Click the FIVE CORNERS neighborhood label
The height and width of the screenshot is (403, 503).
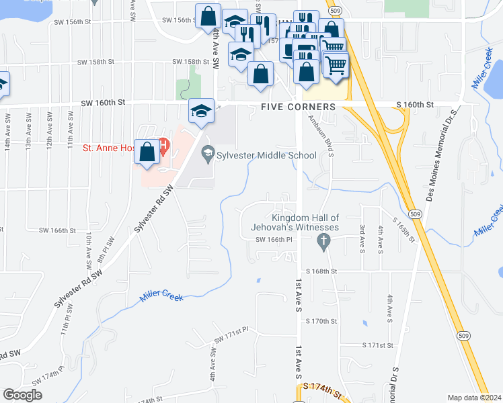coord(298,107)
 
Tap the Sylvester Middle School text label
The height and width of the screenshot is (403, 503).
coord(264,155)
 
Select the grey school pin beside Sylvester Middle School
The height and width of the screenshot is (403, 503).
coord(208,154)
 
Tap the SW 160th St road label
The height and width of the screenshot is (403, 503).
coord(104,103)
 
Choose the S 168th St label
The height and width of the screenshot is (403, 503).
coord(321,271)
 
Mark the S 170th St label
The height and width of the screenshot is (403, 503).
coord(321,322)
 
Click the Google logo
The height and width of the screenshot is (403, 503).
coord(22,395)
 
